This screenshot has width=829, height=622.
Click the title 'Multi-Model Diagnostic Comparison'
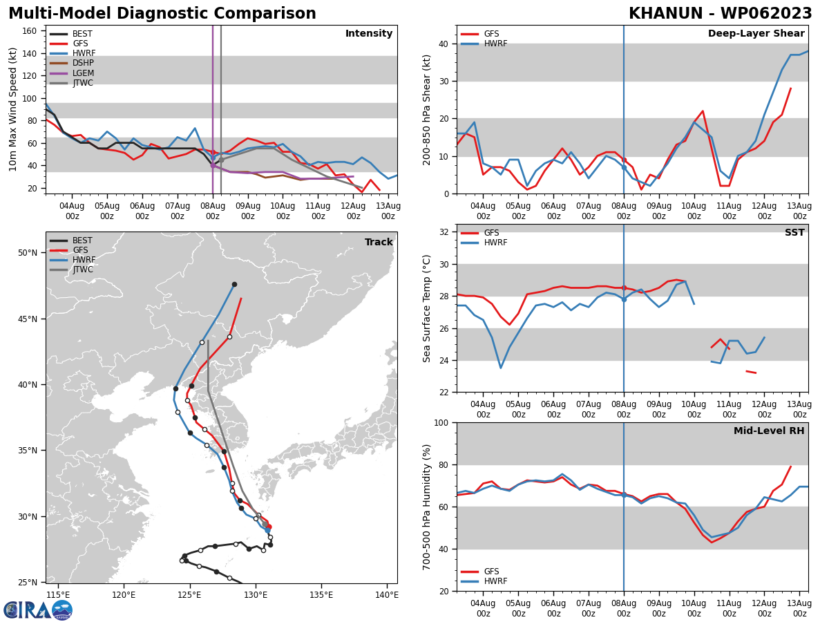click(162, 14)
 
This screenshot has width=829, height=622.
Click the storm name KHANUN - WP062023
click(720, 14)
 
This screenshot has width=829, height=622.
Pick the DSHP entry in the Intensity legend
click(82, 63)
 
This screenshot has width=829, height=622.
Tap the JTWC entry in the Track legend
click(83, 270)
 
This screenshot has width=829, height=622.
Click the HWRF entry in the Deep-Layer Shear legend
click(494, 44)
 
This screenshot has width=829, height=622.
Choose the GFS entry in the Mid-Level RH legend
click(491, 572)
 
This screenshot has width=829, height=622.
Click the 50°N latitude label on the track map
click(28, 253)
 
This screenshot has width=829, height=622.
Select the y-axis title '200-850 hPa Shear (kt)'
click(427, 109)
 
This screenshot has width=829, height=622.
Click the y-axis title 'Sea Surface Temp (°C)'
click(427, 308)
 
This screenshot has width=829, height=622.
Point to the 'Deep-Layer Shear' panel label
click(756, 34)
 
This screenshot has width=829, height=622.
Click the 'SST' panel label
click(794, 233)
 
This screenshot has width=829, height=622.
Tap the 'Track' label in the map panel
click(379, 243)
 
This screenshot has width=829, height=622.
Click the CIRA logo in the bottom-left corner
click(37, 610)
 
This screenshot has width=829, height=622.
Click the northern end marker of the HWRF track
click(234, 284)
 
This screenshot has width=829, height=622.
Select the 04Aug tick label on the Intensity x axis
click(72, 211)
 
